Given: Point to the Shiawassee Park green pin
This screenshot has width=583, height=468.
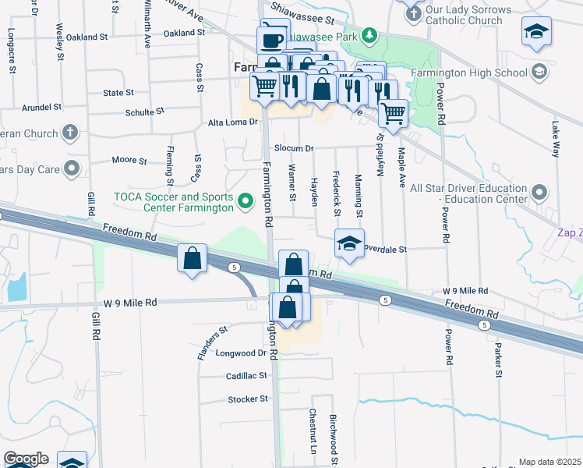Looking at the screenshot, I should pyautogui.click(x=371, y=35).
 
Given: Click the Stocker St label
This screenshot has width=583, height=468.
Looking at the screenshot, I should pyautogui.click(x=248, y=399).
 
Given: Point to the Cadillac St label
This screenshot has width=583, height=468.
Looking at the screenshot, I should pyautogui.click(x=246, y=376).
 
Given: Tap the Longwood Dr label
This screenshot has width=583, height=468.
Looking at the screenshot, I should pyautogui.click(x=241, y=353).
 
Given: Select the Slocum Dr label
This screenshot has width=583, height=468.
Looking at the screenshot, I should pyautogui.click(x=293, y=148).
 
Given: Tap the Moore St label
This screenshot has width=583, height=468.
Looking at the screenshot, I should pyautogui.click(x=129, y=161).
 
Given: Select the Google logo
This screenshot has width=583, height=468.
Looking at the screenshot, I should pyautogui.click(x=26, y=459).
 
